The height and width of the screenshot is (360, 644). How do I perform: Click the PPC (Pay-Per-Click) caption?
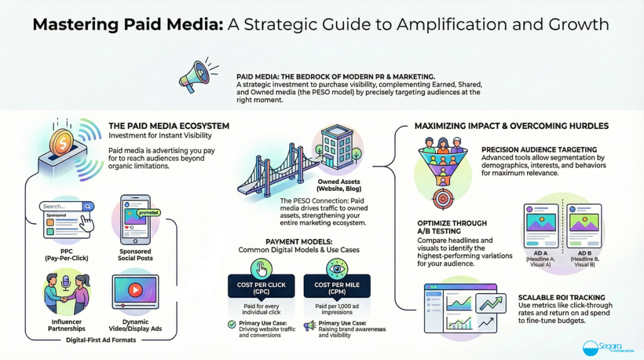click(65, 254)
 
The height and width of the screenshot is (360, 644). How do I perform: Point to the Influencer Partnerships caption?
click(65, 325)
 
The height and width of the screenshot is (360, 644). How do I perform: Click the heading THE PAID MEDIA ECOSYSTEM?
click(169, 126)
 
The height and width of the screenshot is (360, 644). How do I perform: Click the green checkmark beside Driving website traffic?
click(232, 325)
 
